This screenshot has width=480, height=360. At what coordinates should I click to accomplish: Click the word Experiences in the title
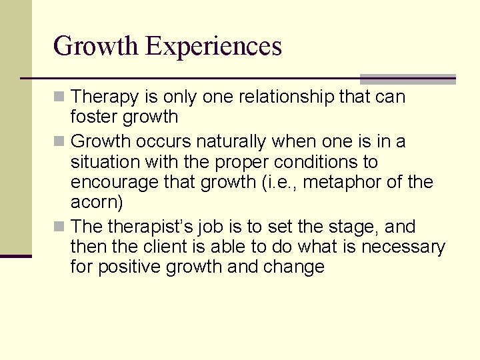(x=214, y=47)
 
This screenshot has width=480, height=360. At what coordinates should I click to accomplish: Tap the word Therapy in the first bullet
(x=107, y=97)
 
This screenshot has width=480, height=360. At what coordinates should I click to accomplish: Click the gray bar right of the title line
(x=407, y=79)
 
